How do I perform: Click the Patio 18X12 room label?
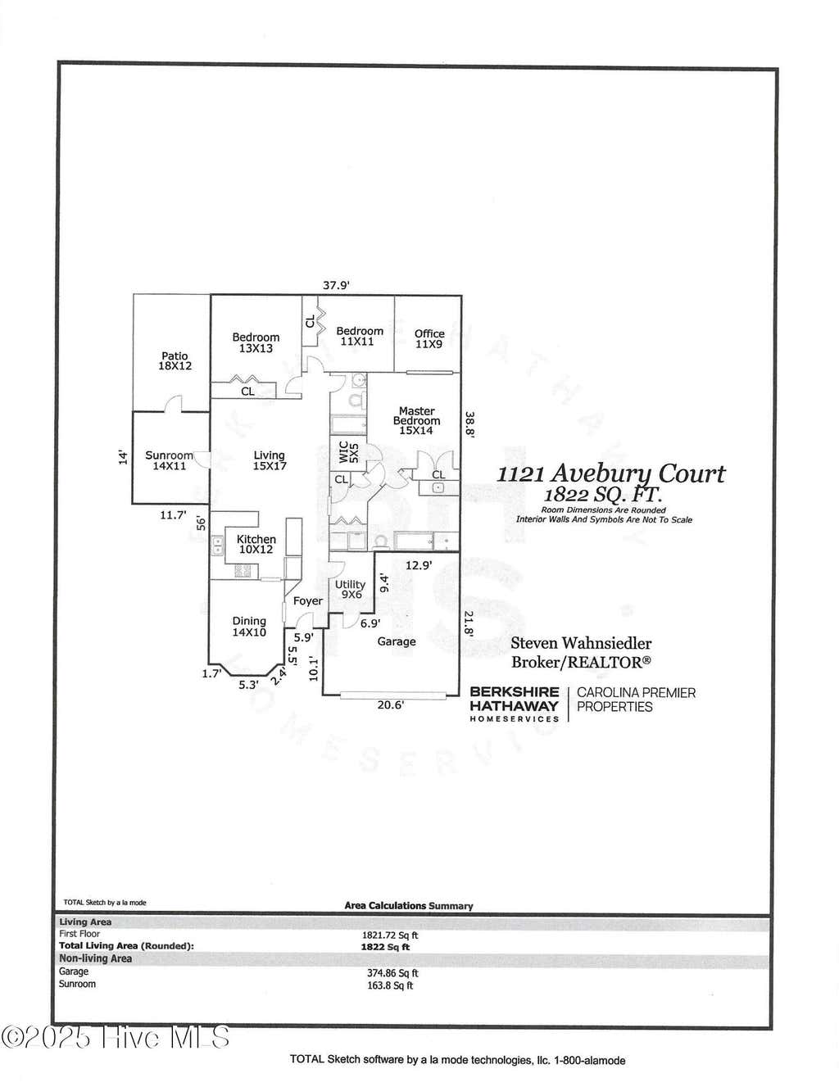tap(175, 360)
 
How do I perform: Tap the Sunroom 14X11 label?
tap(169, 460)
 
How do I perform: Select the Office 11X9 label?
tap(429, 338)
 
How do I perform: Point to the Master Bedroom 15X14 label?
tap(416, 420)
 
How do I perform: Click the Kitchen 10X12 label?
tap(256, 544)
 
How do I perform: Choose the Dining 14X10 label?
tap(249, 627)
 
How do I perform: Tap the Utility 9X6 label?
tap(350, 589)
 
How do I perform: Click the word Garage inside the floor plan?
tap(397, 641)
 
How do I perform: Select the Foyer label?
tap(308, 601)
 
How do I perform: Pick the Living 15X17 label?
tap(270, 460)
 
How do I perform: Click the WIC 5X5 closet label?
tap(349, 452)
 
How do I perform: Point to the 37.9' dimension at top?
tap(336, 285)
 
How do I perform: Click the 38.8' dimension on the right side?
tap(469, 424)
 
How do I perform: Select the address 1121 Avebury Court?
tap(610, 473)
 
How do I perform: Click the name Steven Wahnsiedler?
tap(581, 643)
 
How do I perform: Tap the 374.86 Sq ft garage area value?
tap(392, 973)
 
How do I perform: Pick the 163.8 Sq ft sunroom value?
tap(390, 985)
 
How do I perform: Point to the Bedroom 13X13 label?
tap(256, 342)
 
